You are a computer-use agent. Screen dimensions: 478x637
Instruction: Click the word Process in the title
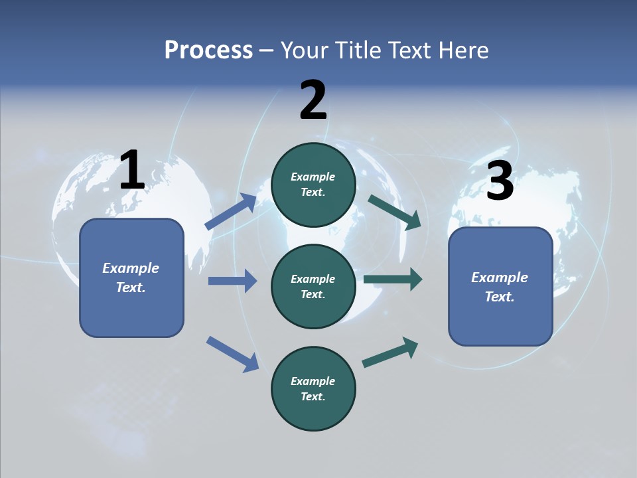tap(208, 50)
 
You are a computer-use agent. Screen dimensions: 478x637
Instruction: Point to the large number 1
tap(132, 171)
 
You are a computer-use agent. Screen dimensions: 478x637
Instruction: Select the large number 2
tap(313, 101)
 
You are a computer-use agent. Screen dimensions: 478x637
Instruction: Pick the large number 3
tap(500, 182)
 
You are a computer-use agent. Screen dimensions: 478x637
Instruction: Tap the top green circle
tap(313, 185)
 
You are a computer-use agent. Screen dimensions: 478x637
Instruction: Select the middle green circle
tap(313, 286)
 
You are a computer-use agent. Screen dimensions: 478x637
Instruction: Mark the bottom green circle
tap(313, 388)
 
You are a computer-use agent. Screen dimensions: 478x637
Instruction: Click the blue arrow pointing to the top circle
tap(231, 212)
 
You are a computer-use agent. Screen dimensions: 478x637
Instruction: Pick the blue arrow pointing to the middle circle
tap(232, 281)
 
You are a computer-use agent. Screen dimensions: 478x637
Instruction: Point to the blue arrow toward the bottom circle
tap(232, 353)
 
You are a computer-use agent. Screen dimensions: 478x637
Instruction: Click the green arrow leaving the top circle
tap(394, 212)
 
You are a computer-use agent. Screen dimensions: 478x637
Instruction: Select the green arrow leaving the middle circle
tap(393, 279)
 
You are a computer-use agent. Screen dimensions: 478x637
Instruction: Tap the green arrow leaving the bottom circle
tap(390, 352)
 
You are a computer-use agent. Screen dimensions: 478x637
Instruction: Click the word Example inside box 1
tap(131, 268)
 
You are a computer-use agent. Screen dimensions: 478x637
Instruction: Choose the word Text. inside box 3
tap(500, 297)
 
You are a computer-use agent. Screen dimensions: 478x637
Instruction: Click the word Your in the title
tap(303, 50)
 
